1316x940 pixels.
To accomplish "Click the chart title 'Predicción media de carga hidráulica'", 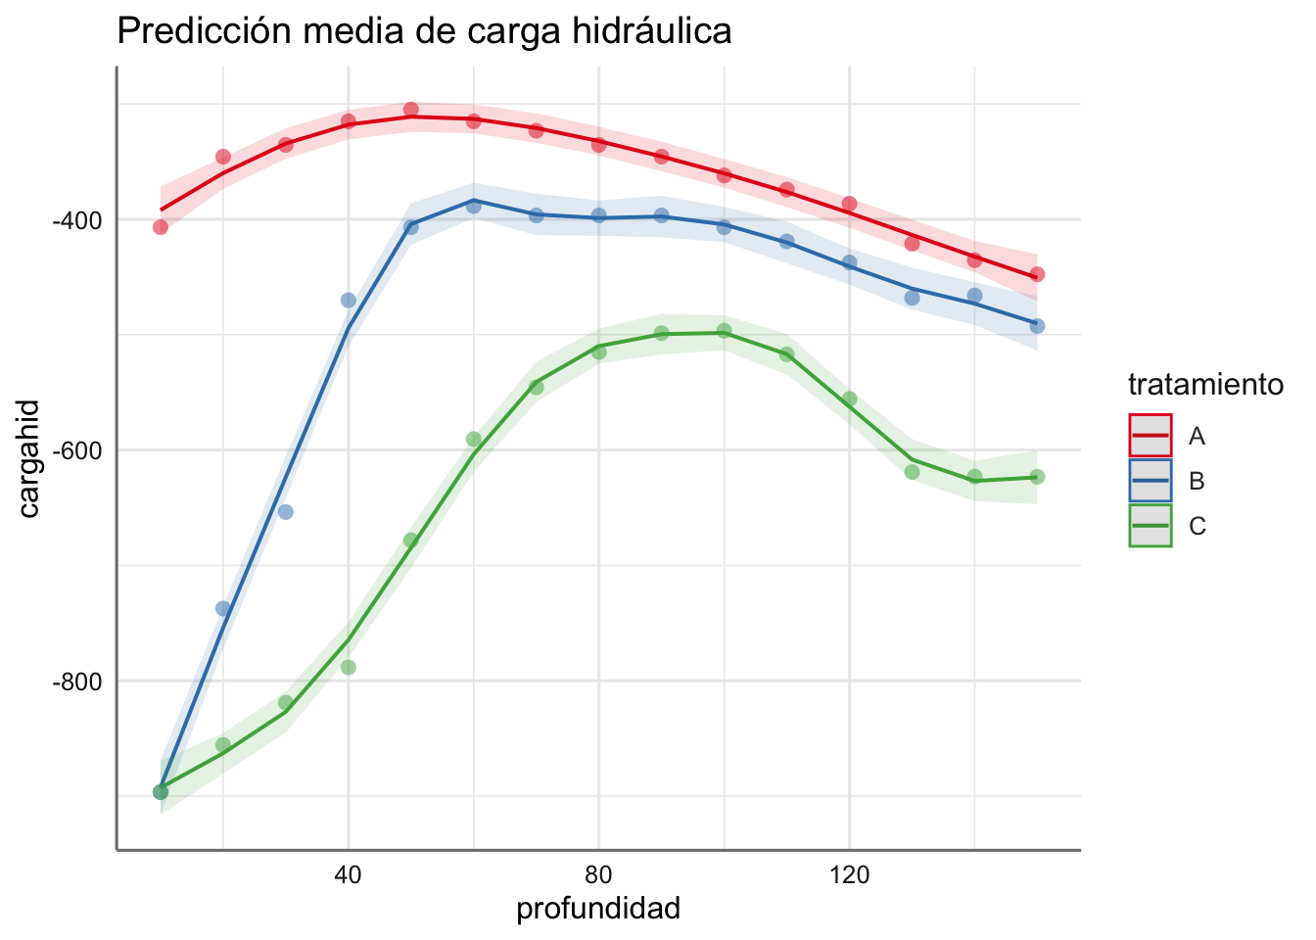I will pos(424,31).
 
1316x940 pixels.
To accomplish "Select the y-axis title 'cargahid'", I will pos(29,458).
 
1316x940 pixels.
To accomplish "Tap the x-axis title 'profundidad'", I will pos(597,909).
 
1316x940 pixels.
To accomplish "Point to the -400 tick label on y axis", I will pos(79,219).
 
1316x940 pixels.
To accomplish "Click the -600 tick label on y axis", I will pos(79,450).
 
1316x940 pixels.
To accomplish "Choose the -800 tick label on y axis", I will pos(79,681).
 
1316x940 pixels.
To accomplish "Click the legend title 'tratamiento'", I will pos(1205,385).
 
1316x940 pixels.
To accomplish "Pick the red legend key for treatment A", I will pos(1150,436).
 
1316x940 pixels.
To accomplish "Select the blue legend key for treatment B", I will pos(1150,481).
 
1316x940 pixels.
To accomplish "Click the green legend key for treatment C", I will pos(1150,526).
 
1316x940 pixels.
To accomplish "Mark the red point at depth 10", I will pos(161,227).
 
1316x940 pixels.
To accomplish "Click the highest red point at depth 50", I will pos(411,110).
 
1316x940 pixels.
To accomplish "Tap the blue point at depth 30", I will pos(286,512).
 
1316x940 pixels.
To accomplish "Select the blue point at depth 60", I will pos(474,206).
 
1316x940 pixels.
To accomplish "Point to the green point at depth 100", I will pos(725,331).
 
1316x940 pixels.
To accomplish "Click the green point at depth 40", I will pos(349,668).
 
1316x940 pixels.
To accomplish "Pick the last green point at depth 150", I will pos(1038,477).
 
